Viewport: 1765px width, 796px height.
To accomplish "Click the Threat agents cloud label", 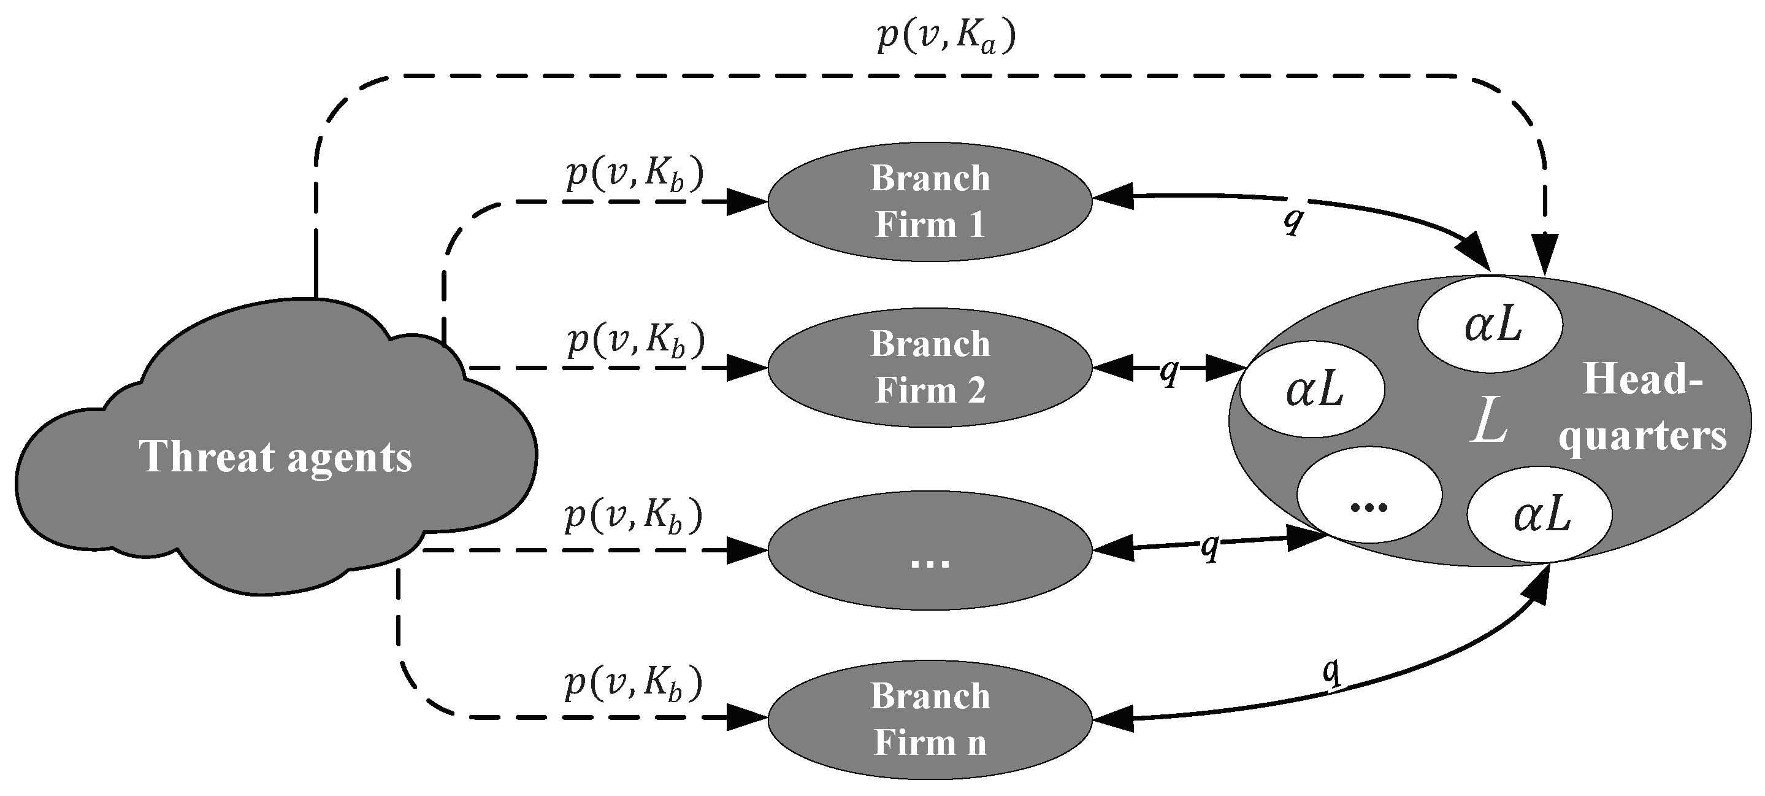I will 275,457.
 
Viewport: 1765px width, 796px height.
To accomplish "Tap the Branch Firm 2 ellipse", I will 929,367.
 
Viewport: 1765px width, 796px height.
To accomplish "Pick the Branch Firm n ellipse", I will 929,719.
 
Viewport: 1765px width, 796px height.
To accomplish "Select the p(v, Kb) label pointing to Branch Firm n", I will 633,685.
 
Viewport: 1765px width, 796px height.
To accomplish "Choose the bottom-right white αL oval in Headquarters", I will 1539,516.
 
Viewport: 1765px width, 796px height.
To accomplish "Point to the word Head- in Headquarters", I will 1642,379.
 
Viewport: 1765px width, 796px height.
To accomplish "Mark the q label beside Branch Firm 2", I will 1169,371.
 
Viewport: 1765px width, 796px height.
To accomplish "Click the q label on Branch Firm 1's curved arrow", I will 1292,218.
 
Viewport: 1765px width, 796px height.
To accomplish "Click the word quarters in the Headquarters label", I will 1642,436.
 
